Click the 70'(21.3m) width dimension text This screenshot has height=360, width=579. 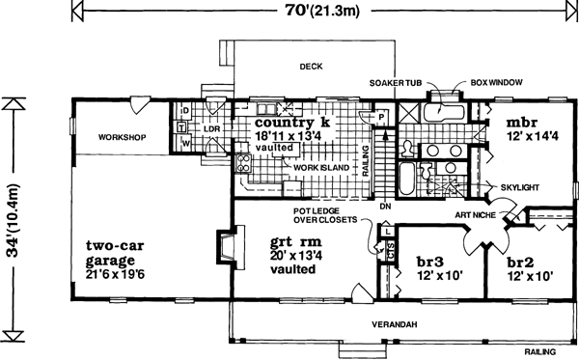coord(322,11)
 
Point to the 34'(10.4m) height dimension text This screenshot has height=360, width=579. coord(14,220)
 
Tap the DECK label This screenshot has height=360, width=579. coord(311,67)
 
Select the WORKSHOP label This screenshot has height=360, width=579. coord(122,137)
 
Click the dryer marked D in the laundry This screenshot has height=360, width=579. coord(184,111)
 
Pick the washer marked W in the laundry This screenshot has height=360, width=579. coord(184,143)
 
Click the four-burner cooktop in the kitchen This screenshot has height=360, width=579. coord(244,163)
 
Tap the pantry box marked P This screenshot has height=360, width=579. coord(381,117)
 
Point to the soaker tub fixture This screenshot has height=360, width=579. coord(443,112)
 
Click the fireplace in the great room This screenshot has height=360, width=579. coord(231,247)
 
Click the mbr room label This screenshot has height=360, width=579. coord(521,123)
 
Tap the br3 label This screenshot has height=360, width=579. coord(430,262)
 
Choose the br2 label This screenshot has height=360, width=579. coord(520,263)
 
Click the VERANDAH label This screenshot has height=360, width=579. coord(395,324)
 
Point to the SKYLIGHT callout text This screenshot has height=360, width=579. coord(519,187)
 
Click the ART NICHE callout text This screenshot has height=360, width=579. coord(475,215)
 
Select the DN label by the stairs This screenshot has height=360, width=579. coord(385,207)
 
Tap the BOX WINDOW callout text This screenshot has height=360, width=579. coord(496,82)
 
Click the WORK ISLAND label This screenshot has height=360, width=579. coord(321,168)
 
